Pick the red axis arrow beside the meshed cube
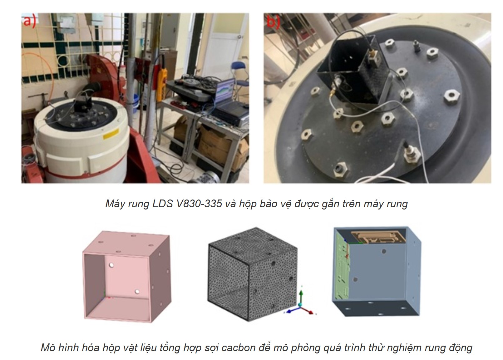[307, 310]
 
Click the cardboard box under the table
[219, 144]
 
